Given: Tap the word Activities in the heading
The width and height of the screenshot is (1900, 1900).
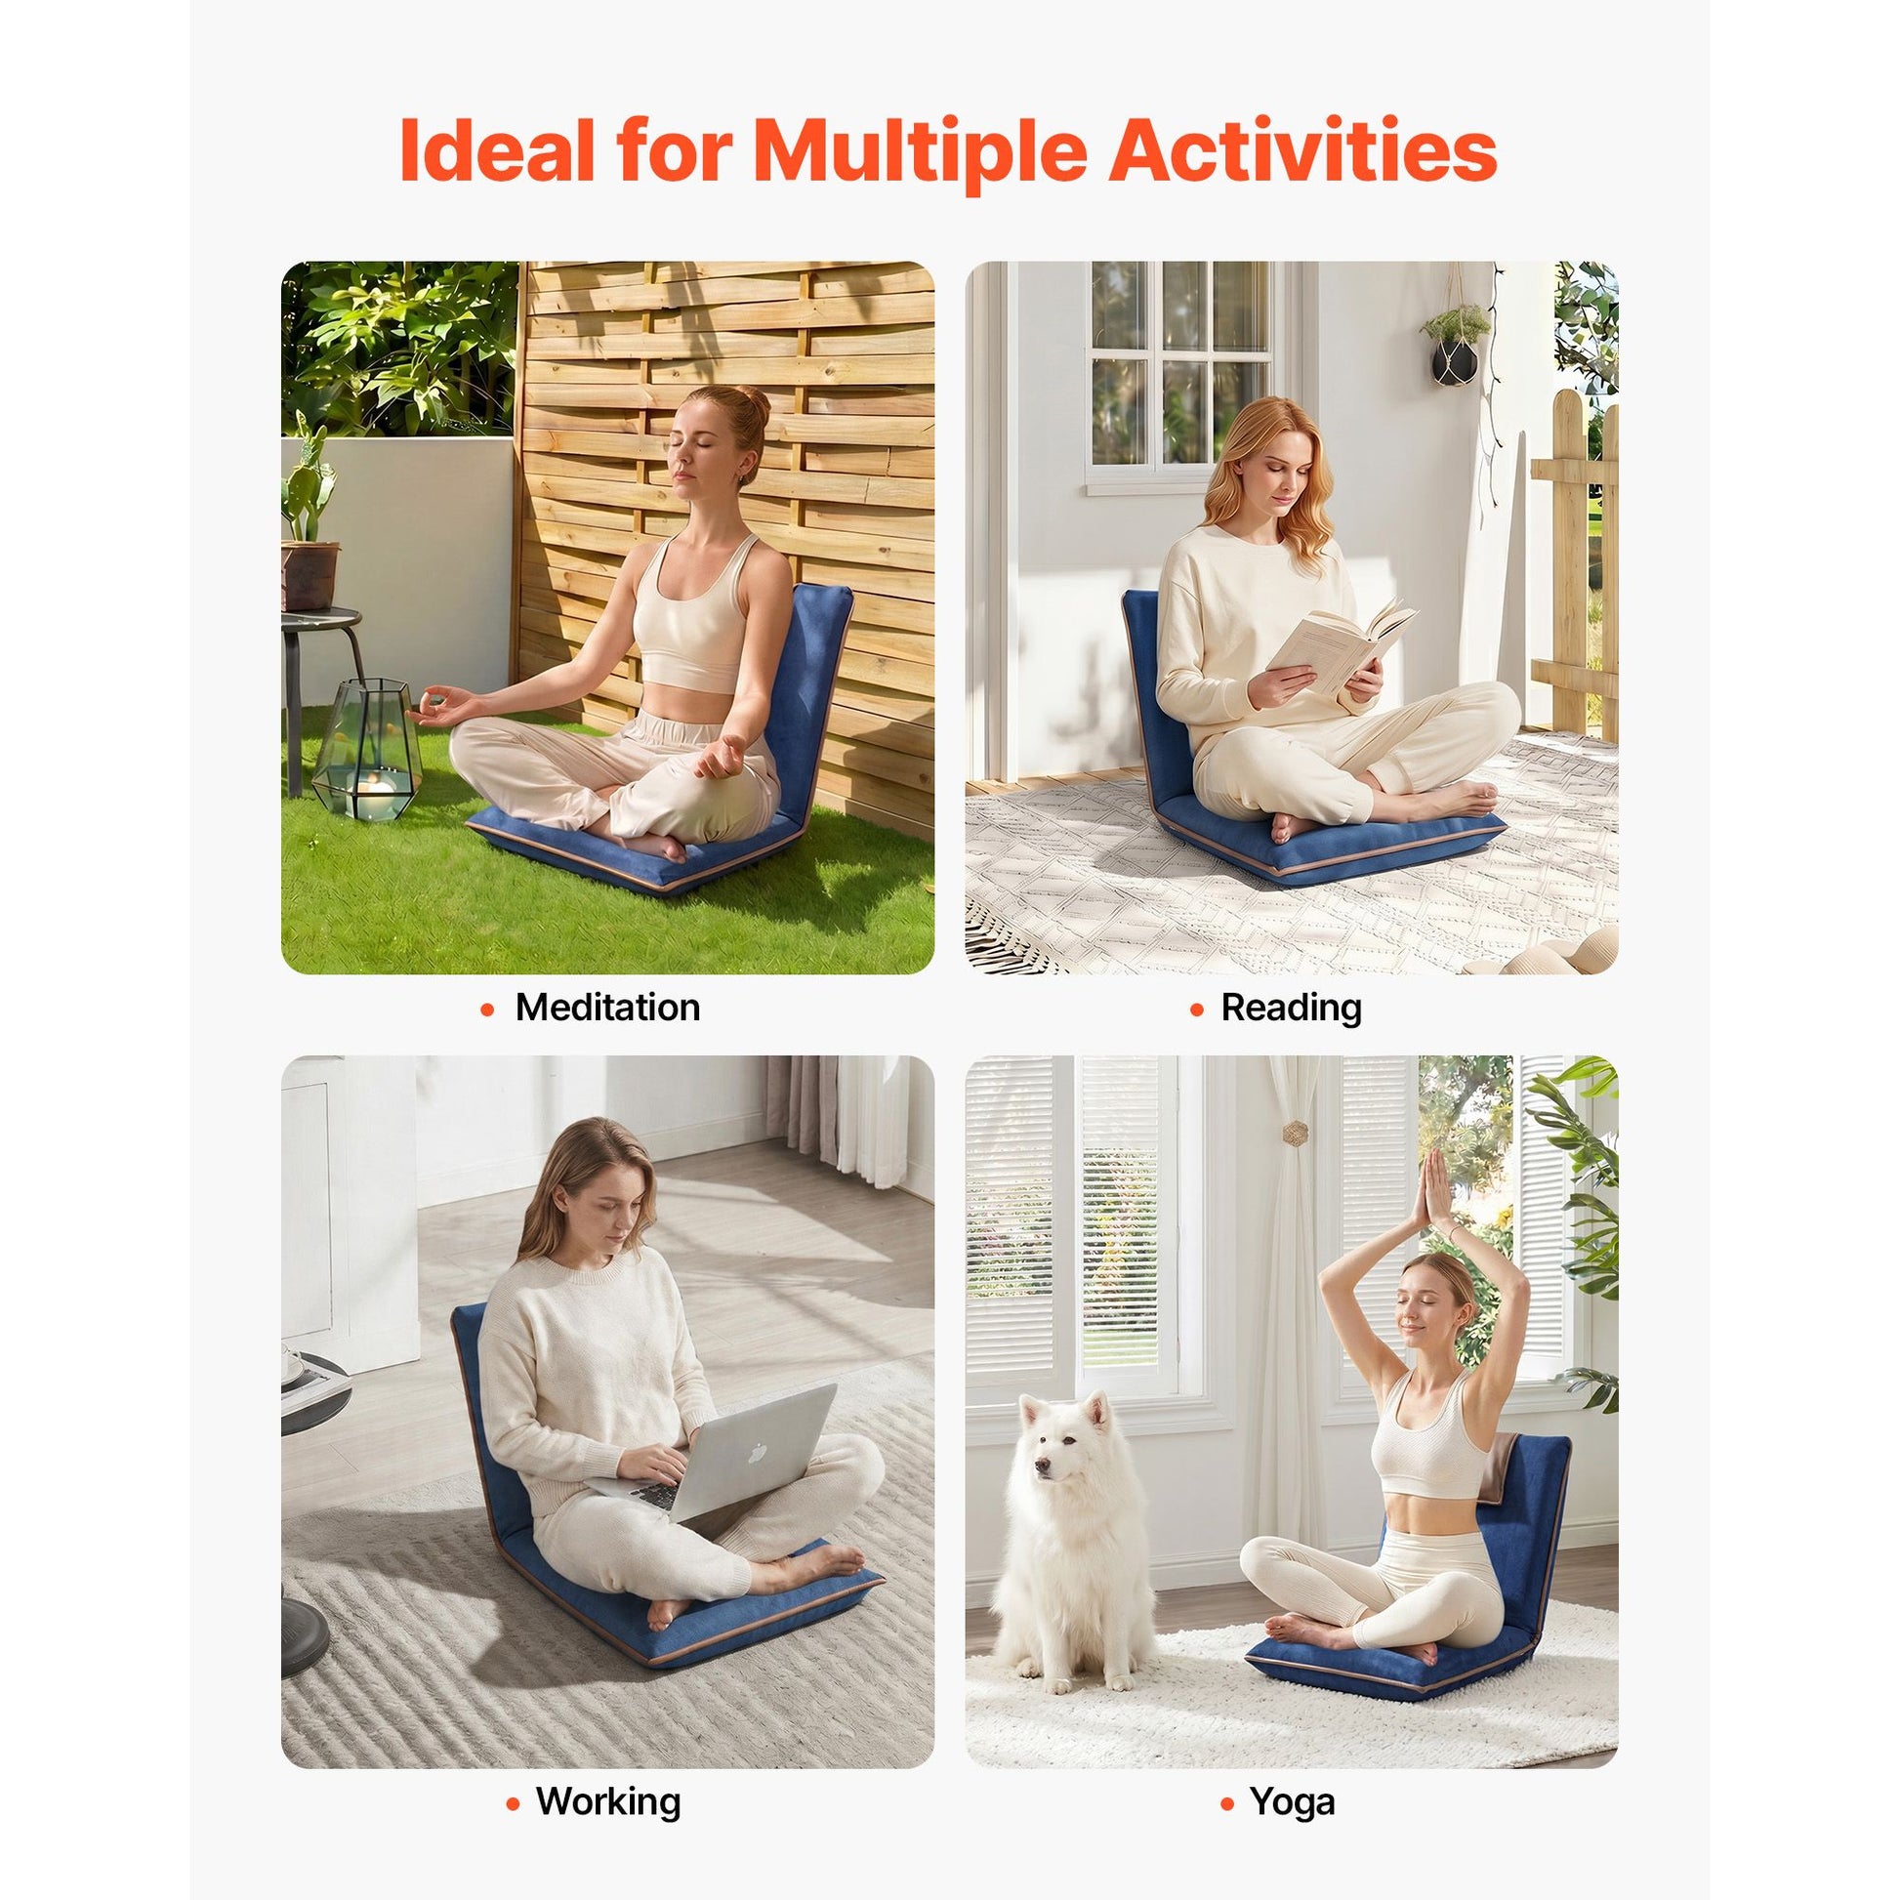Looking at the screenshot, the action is tap(1302, 149).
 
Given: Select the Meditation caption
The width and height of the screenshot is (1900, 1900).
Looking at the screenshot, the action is tap(607, 1007).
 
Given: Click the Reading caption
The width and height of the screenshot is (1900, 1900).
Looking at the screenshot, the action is tap(1292, 1008).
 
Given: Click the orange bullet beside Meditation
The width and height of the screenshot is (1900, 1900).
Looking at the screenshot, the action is tap(487, 1009).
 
